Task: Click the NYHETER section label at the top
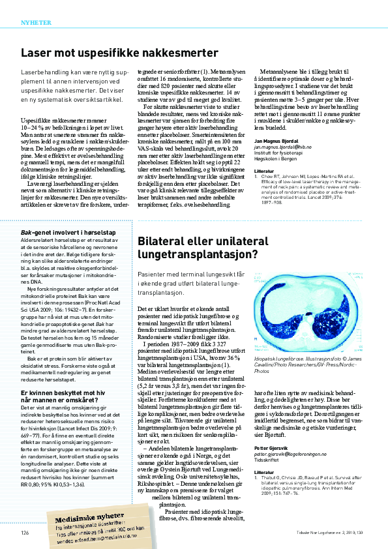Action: pos(37,22)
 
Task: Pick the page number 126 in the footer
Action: pos(26,533)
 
